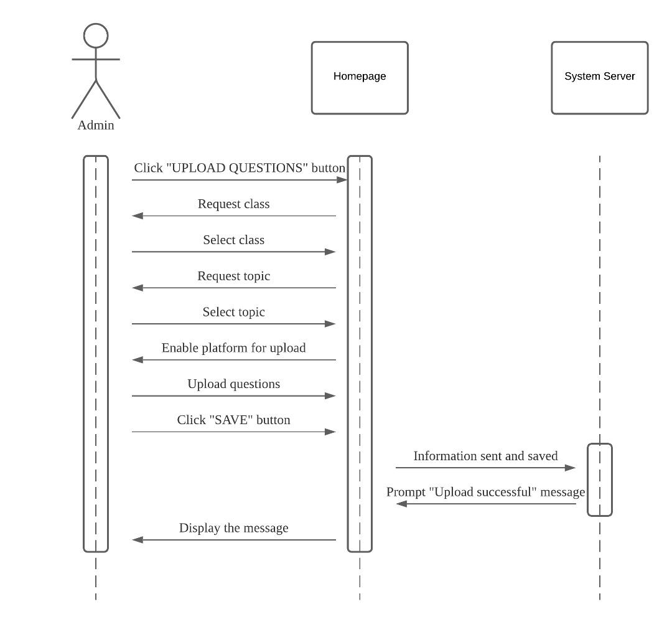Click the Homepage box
(360, 78)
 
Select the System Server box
(599, 78)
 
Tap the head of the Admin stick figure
(96, 36)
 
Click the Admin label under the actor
(96, 125)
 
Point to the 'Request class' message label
(233, 204)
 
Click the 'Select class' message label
(233, 240)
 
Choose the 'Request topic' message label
(233, 276)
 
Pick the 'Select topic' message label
(233, 312)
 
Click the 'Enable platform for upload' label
(233, 348)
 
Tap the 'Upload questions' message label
(233, 384)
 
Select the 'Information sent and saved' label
(485, 456)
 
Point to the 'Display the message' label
(233, 529)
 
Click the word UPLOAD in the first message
(194, 169)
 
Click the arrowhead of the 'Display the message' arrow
(138, 540)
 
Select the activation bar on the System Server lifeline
(600, 480)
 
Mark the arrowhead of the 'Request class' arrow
(138, 215)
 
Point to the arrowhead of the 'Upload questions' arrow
(330, 395)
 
